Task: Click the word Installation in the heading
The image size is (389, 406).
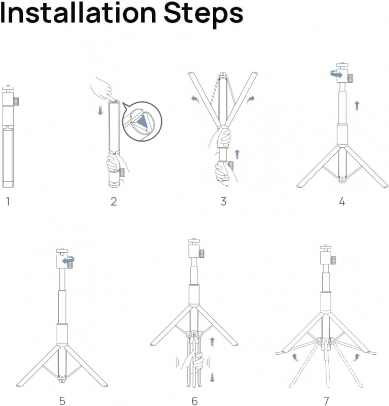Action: [x=78, y=13]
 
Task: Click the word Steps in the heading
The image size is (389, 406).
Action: [x=204, y=15]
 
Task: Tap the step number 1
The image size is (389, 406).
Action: [x=8, y=201]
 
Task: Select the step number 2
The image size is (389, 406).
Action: [x=114, y=201]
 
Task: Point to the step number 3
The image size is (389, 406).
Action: [x=223, y=201]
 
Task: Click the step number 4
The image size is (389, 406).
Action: [x=342, y=201]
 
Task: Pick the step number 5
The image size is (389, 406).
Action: [x=62, y=400]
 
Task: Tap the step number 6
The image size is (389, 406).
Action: [x=194, y=400]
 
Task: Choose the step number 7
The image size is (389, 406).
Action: [x=327, y=400]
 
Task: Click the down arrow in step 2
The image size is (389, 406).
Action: [x=100, y=111]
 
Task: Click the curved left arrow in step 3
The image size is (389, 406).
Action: [x=195, y=99]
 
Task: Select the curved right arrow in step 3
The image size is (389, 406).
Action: [x=251, y=99]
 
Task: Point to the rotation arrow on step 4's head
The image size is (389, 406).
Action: [x=336, y=75]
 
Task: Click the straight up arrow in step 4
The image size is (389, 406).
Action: [x=357, y=106]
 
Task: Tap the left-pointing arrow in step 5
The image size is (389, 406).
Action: [x=68, y=260]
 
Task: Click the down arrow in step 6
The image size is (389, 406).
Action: [x=212, y=378]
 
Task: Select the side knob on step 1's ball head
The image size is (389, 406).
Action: [x=16, y=100]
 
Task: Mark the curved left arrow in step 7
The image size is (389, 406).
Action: [x=295, y=357]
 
